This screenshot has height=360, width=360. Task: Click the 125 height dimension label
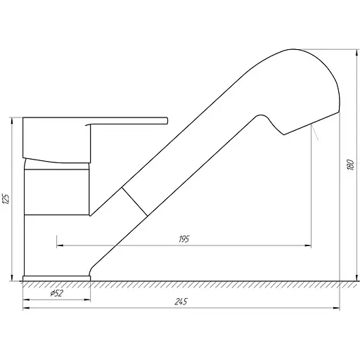6,199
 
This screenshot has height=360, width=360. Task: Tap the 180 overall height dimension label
351,165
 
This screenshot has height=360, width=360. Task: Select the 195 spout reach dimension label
184,239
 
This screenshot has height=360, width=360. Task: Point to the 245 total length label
181,302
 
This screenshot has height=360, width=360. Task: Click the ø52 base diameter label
57,293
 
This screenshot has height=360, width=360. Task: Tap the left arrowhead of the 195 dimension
60,245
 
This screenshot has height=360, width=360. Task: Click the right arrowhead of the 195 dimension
308,245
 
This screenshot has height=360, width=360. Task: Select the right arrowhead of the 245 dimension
336,308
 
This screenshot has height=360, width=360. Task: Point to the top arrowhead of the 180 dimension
357,53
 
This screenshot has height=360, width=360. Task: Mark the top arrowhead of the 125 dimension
11,121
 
